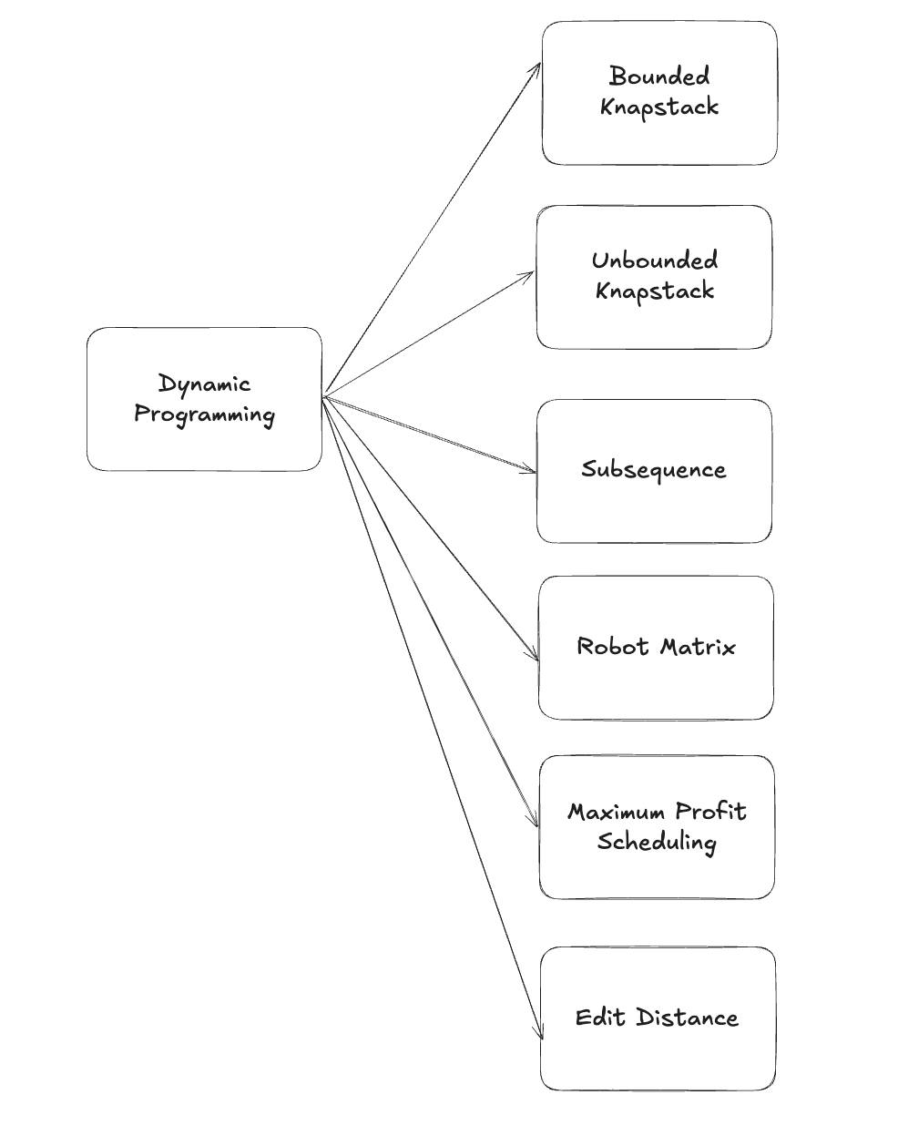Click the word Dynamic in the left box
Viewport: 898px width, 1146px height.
204,384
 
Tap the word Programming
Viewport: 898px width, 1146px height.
204,415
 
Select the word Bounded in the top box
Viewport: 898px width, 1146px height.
659,76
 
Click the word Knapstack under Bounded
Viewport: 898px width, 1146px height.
659,107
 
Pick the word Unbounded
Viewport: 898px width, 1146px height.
654,261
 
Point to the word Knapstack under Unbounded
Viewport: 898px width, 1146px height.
654,292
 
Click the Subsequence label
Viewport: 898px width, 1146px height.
654,470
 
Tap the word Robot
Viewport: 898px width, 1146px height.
613,647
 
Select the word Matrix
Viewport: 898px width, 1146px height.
698,647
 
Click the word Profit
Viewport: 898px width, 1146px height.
709,812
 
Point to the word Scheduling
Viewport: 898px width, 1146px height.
657,841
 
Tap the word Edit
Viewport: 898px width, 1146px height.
601,1018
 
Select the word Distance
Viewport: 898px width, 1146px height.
687,1018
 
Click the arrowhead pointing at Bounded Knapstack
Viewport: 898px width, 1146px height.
537,67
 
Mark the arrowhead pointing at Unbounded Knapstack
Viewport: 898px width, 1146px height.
531,273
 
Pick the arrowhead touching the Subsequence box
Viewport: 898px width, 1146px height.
533,471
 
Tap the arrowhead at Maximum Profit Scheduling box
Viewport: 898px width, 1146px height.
536,823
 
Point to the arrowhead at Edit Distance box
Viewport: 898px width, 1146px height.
540,1034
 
